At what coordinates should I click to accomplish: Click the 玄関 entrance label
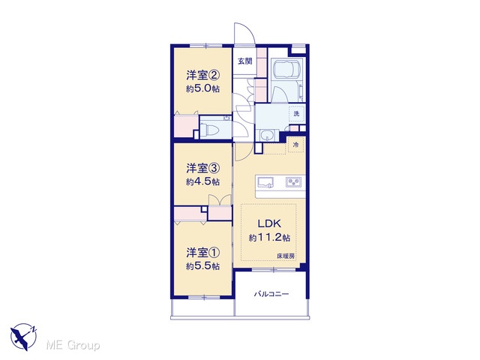tap(245, 61)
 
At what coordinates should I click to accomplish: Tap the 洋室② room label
tap(203, 75)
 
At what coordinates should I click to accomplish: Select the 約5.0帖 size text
tap(202, 88)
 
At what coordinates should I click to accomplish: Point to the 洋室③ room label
tap(203, 168)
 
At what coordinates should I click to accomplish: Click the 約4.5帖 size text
tap(202, 181)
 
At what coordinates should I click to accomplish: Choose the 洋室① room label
tap(203, 253)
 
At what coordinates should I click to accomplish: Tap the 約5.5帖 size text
tap(202, 266)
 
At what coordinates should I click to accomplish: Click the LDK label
tap(269, 223)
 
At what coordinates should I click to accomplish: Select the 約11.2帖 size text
tap(269, 238)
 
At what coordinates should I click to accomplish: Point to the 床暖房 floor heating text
tap(286, 256)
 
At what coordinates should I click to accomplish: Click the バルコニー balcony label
tap(271, 294)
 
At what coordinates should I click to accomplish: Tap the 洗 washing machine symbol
tap(296, 114)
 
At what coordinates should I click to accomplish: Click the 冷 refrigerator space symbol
tap(295, 145)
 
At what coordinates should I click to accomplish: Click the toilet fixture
tap(211, 129)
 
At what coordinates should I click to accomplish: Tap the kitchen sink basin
tap(265, 182)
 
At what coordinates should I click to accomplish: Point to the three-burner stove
tap(293, 182)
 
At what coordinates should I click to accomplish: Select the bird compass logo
tap(23, 337)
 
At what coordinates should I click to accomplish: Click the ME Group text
tap(73, 346)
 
